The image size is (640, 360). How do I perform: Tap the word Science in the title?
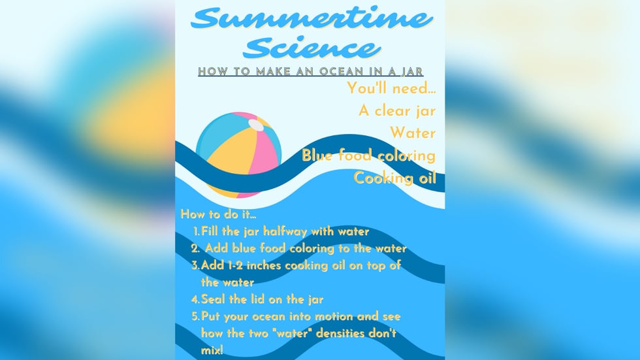click(x=312, y=48)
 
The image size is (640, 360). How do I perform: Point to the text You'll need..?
click(x=391, y=88)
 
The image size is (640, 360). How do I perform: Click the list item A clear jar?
click(x=397, y=110)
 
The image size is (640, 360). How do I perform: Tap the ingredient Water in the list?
click(x=413, y=133)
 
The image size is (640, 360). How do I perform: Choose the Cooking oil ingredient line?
click(x=394, y=178)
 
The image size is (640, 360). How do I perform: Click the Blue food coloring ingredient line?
click(x=368, y=155)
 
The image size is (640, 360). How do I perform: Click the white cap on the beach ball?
click(x=256, y=125)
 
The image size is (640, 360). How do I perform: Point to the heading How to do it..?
click(x=218, y=214)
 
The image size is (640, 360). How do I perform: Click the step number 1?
click(x=197, y=231)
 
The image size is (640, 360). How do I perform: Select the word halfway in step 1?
click(x=285, y=231)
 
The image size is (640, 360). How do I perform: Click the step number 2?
click(x=195, y=248)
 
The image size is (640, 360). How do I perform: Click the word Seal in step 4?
click(x=214, y=299)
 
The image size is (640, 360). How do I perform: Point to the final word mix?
click(x=212, y=350)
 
